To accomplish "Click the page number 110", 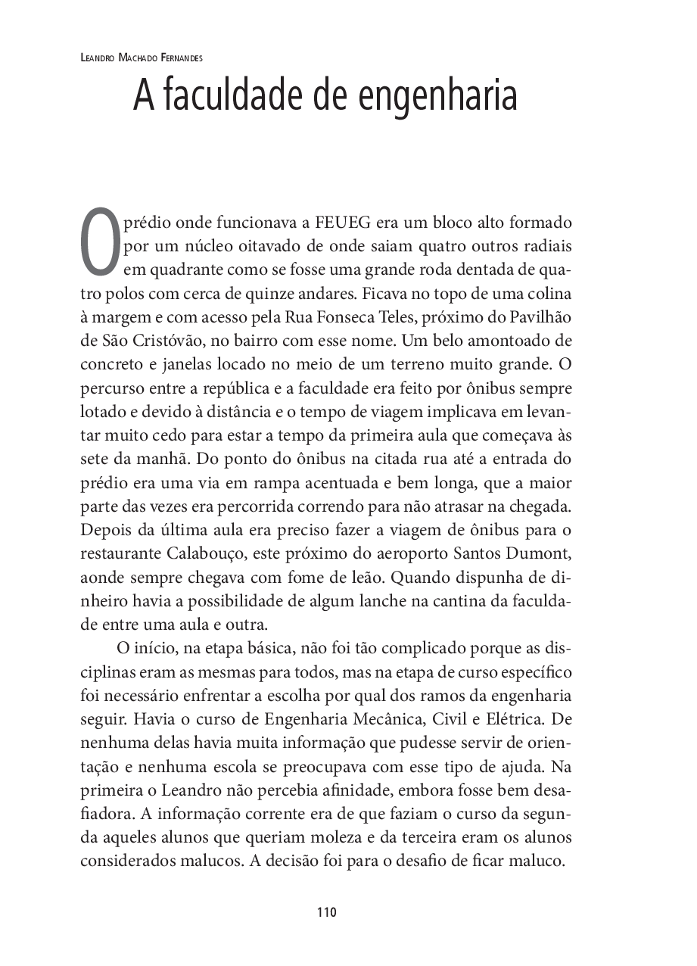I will [326, 912].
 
